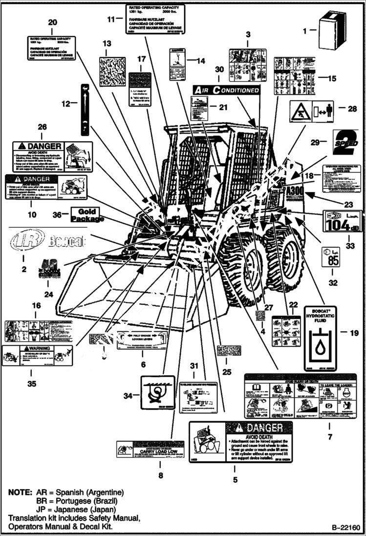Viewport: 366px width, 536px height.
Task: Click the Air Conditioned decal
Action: pos(226,90)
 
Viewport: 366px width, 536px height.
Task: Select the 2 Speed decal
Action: pos(345,142)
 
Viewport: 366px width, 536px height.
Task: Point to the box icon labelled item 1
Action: pos(332,31)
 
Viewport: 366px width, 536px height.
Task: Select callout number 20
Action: pos(52,22)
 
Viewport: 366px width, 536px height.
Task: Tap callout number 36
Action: pos(57,214)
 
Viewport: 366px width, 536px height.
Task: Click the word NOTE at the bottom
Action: pos(20,492)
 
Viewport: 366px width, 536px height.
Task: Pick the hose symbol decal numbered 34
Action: pos(157,392)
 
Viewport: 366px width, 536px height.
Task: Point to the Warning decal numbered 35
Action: pos(37,355)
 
